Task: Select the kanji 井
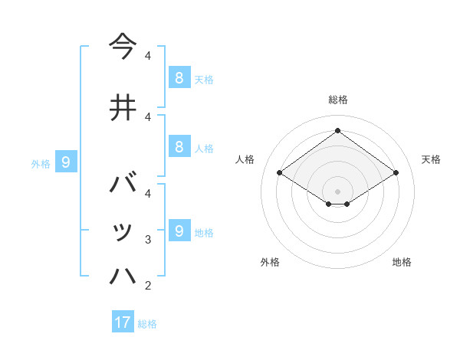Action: click(x=123, y=107)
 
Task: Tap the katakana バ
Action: click(x=123, y=185)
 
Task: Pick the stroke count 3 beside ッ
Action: click(x=148, y=240)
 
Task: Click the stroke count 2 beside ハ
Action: click(x=148, y=286)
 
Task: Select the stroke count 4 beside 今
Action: click(x=148, y=56)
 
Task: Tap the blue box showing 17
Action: click(x=123, y=322)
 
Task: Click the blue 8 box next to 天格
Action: click(x=179, y=77)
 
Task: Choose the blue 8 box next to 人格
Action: click(x=179, y=147)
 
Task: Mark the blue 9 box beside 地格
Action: click(x=179, y=231)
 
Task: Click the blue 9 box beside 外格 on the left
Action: click(x=67, y=162)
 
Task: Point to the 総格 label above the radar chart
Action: click(x=338, y=100)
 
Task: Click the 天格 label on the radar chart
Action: click(x=432, y=159)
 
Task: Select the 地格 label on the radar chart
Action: click(x=402, y=262)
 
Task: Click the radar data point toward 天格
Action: click(x=396, y=173)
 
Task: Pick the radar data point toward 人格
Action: click(x=280, y=173)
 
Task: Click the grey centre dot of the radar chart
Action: click(x=337, y=191)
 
